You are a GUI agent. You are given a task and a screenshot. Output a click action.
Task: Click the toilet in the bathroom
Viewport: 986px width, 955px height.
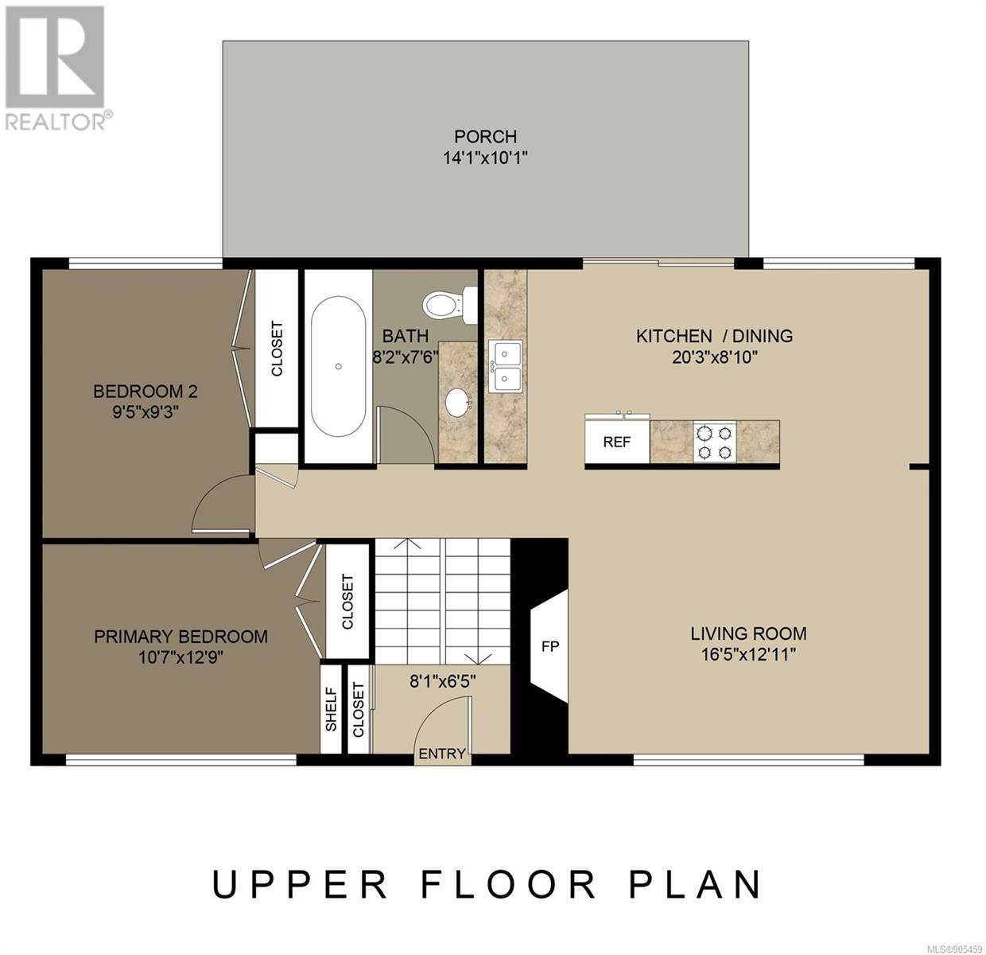450,304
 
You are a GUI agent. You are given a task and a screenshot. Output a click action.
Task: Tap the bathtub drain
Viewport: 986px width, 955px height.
339,366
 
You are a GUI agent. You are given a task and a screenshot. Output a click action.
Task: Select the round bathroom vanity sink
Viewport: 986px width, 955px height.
457,402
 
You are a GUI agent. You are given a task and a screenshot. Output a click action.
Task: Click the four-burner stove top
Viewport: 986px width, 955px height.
715,441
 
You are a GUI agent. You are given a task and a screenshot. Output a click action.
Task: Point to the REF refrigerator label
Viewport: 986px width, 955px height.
616,442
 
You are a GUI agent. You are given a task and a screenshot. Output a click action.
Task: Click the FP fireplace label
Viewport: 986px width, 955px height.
550,647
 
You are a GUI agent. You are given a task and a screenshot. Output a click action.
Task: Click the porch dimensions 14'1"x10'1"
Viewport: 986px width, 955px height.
485,158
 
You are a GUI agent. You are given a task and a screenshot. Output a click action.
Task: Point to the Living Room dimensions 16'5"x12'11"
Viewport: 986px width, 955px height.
748,655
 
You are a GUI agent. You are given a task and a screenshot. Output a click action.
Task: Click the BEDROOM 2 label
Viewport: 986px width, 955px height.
146,391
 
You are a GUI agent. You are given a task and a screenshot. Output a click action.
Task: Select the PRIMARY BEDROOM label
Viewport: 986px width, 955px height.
181,636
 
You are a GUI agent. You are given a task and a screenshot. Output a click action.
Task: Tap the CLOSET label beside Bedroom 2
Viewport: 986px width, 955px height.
277,349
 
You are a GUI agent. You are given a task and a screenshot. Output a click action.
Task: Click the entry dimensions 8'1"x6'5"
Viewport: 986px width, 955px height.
442,681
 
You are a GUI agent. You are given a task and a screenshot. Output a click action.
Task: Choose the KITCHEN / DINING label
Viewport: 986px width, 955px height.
714,336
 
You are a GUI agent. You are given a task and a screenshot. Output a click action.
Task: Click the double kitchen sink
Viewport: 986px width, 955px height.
505,366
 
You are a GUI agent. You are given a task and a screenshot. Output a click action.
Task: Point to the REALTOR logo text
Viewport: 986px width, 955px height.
56,123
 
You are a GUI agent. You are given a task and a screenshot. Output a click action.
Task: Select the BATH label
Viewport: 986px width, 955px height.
405,336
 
